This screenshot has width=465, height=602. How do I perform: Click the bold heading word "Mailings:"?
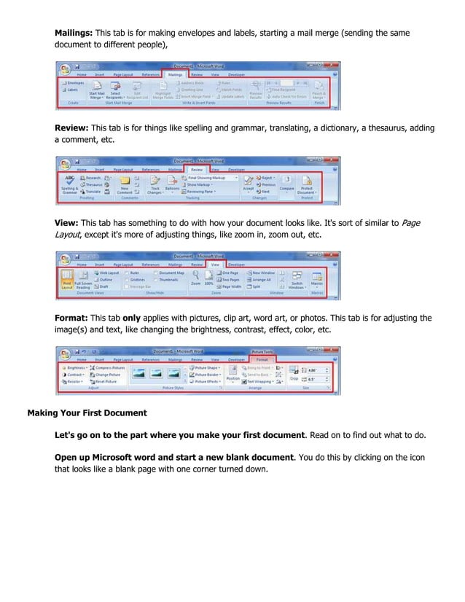(74, 33)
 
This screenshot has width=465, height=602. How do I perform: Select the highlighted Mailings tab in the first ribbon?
(175, 74)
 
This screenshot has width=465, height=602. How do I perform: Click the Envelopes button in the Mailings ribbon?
(72, 83)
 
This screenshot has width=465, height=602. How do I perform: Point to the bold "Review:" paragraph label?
(72, 128)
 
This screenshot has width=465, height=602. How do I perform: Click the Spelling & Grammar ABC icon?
(70, 183)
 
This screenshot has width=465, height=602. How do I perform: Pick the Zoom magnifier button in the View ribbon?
(196, 277)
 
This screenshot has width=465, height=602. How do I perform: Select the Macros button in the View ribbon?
(318, 279)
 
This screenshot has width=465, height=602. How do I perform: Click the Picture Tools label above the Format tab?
(261, 351)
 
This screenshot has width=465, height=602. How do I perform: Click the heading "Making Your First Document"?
(87, 413)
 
